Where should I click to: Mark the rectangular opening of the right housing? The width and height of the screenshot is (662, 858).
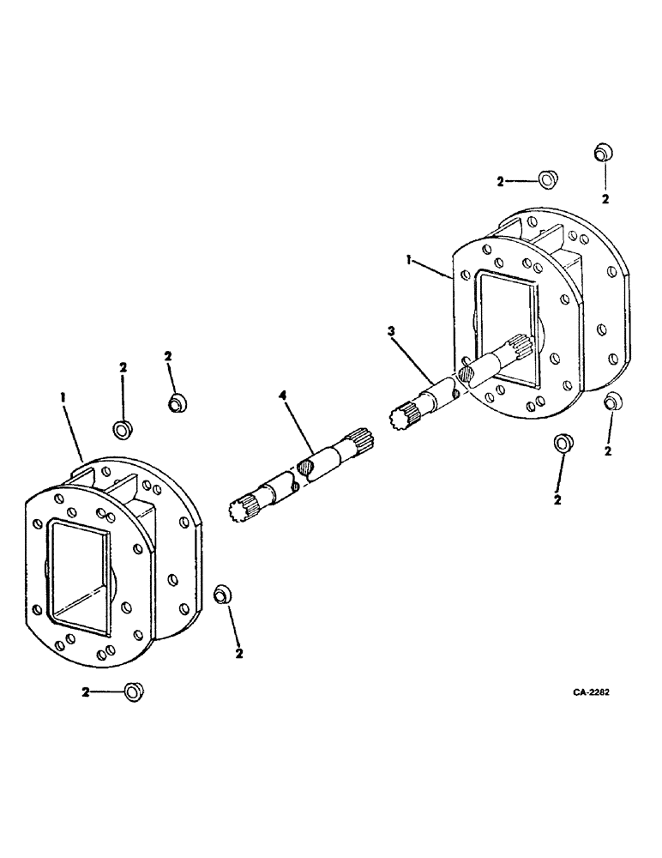[508, 322]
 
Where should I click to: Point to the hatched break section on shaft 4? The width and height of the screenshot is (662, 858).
[306, 468]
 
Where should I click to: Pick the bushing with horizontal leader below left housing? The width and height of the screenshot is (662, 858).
[132, 692]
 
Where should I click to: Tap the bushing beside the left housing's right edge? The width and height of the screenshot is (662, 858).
[221, 594]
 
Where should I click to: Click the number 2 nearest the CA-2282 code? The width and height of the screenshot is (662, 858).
[608, 450]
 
